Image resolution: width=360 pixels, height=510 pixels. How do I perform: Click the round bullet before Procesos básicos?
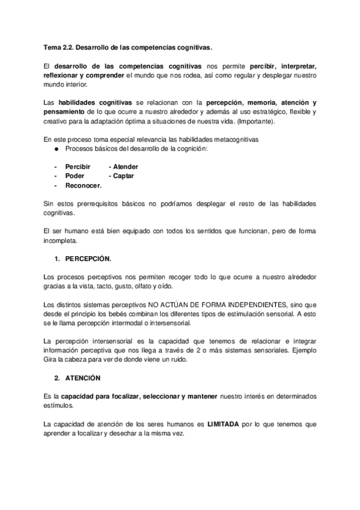(56, 148)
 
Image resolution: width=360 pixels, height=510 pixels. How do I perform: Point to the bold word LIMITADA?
(222, 423)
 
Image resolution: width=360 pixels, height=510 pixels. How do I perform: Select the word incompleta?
(61, 241)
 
